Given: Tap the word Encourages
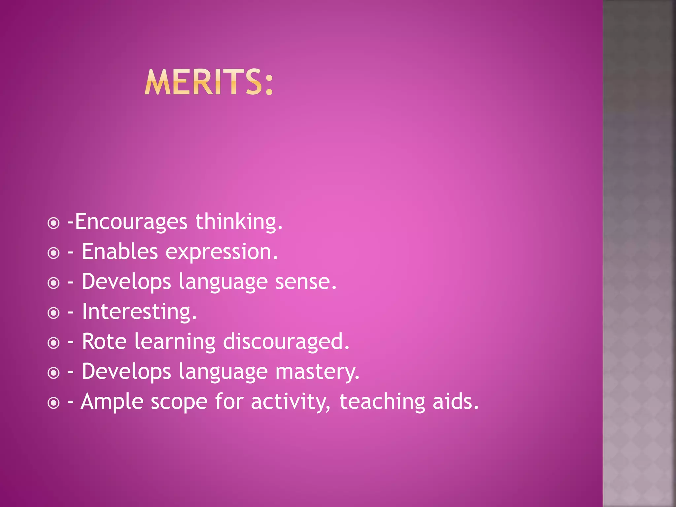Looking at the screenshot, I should tap(131, 222).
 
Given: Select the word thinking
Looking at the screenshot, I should tap(239, 222).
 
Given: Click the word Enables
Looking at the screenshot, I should tap(120, 252).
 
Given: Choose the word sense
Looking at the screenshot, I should tap(306, 282).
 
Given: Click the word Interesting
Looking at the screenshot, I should tap(139, 312).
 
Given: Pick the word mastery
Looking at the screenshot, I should tap(317, 372).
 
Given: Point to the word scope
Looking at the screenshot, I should tap(179, 402).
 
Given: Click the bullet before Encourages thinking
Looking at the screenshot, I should tap(53, 223).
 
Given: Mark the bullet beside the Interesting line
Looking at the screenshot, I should tap(53, 313).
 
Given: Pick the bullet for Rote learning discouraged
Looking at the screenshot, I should tap(53, 343).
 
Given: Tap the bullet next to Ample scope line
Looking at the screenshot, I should tap(53, 403).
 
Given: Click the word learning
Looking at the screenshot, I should tap(175, 342).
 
